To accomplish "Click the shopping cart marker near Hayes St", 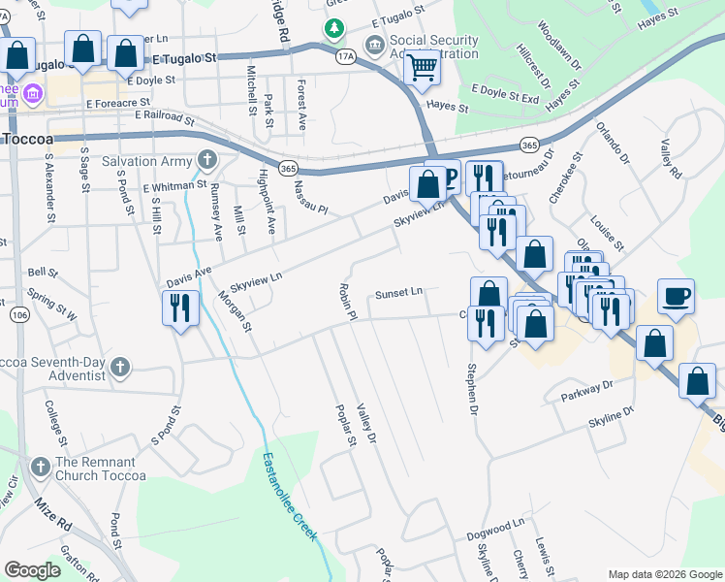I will point(422,68).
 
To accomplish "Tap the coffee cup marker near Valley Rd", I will point(676,295).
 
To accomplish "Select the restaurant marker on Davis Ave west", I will point(180,307).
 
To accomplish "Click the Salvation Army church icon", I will point(206,159).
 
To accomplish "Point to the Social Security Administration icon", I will point(374,46).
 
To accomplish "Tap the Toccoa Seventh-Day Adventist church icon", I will point(119,367).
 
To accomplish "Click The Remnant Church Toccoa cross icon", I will point(40,467).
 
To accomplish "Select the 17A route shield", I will point(346,58).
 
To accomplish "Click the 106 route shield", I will point(19,314).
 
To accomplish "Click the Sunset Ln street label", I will point(399,292).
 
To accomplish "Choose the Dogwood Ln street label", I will point(494,523).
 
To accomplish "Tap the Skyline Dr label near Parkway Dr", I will point(611,417).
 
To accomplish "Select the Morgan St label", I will point(235,310).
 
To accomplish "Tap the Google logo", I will point(31,571).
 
